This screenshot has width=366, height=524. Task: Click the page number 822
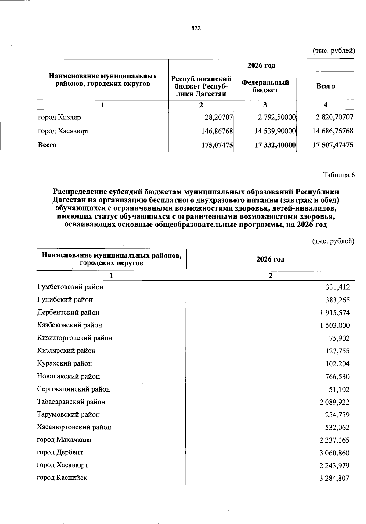pos(196,28)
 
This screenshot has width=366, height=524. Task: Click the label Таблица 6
pos(339,175)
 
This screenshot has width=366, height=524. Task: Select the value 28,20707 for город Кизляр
pos(219,117)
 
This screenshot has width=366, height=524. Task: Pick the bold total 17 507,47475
pos(333,145)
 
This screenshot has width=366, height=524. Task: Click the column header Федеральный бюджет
pos(265,86)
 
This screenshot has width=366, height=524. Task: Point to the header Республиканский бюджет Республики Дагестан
pos(201,86)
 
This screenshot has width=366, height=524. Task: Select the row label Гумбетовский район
pos(70,287)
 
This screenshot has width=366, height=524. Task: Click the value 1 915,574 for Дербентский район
pos(335,313)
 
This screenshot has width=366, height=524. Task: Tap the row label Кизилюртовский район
pos(75,338)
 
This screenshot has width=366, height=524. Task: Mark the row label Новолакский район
pos(68,376)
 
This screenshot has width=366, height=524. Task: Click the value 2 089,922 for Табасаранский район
pos(334,402)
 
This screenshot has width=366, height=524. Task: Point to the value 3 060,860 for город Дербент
pos(334,453)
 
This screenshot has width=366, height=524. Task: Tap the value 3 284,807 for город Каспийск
pos(334,479)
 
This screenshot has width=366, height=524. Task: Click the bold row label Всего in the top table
pos(47,145)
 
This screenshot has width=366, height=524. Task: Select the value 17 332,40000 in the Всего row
pos(275,145)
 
